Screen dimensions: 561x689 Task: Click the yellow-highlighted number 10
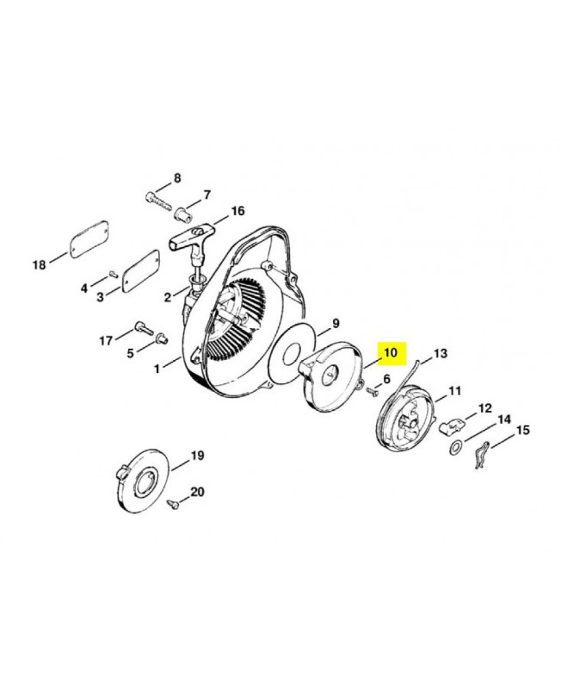(x=391, y=352)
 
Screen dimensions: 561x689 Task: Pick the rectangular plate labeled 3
(x=140, y=268)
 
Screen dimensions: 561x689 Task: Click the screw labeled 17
(x=143, y=326)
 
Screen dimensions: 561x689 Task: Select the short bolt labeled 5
(x=162, y=338)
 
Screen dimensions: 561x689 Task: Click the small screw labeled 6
(x=372, y=390)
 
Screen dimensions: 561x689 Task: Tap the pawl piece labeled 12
(x=451, y=426)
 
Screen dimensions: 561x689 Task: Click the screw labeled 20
(x=174, y=504)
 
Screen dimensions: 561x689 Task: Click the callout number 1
(x=157, y=369)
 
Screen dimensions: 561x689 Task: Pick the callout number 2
(x=167, y=297)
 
